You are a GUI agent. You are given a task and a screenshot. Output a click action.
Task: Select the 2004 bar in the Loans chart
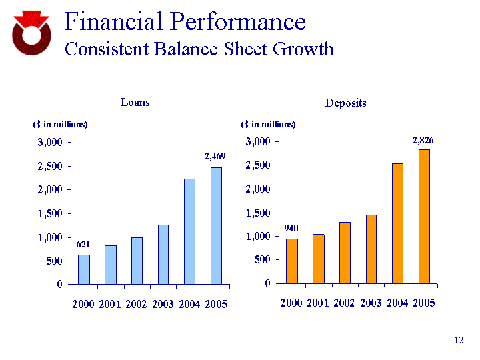click(x=189, y=231)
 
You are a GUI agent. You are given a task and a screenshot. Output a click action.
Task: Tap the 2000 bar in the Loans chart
click(x=83, y=269)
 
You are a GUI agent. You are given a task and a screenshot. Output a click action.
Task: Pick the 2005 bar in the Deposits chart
click(x=424, y=216)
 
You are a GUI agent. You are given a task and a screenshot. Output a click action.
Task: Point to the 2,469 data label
click(x=215, y=156)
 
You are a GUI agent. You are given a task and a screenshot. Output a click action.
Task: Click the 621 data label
click(x=83, y=244)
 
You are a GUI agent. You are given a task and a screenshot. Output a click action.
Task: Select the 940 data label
click(x=291, y=228)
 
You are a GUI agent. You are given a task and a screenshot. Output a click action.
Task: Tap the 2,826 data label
click(x=423, y=140)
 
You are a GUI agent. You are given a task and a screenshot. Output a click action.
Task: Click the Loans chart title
click(x=135, y=102)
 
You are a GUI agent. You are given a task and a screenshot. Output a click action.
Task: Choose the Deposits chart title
click(x=345, y=103)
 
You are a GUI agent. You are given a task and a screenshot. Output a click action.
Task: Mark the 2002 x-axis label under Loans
click(x=137, y=304)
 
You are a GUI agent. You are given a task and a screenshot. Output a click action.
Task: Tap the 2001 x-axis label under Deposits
click(x=318, y=303)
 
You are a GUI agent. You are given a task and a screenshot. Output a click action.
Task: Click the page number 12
click(x=458, y=341)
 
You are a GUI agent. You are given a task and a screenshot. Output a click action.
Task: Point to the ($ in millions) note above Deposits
click(x=268, y=124)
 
